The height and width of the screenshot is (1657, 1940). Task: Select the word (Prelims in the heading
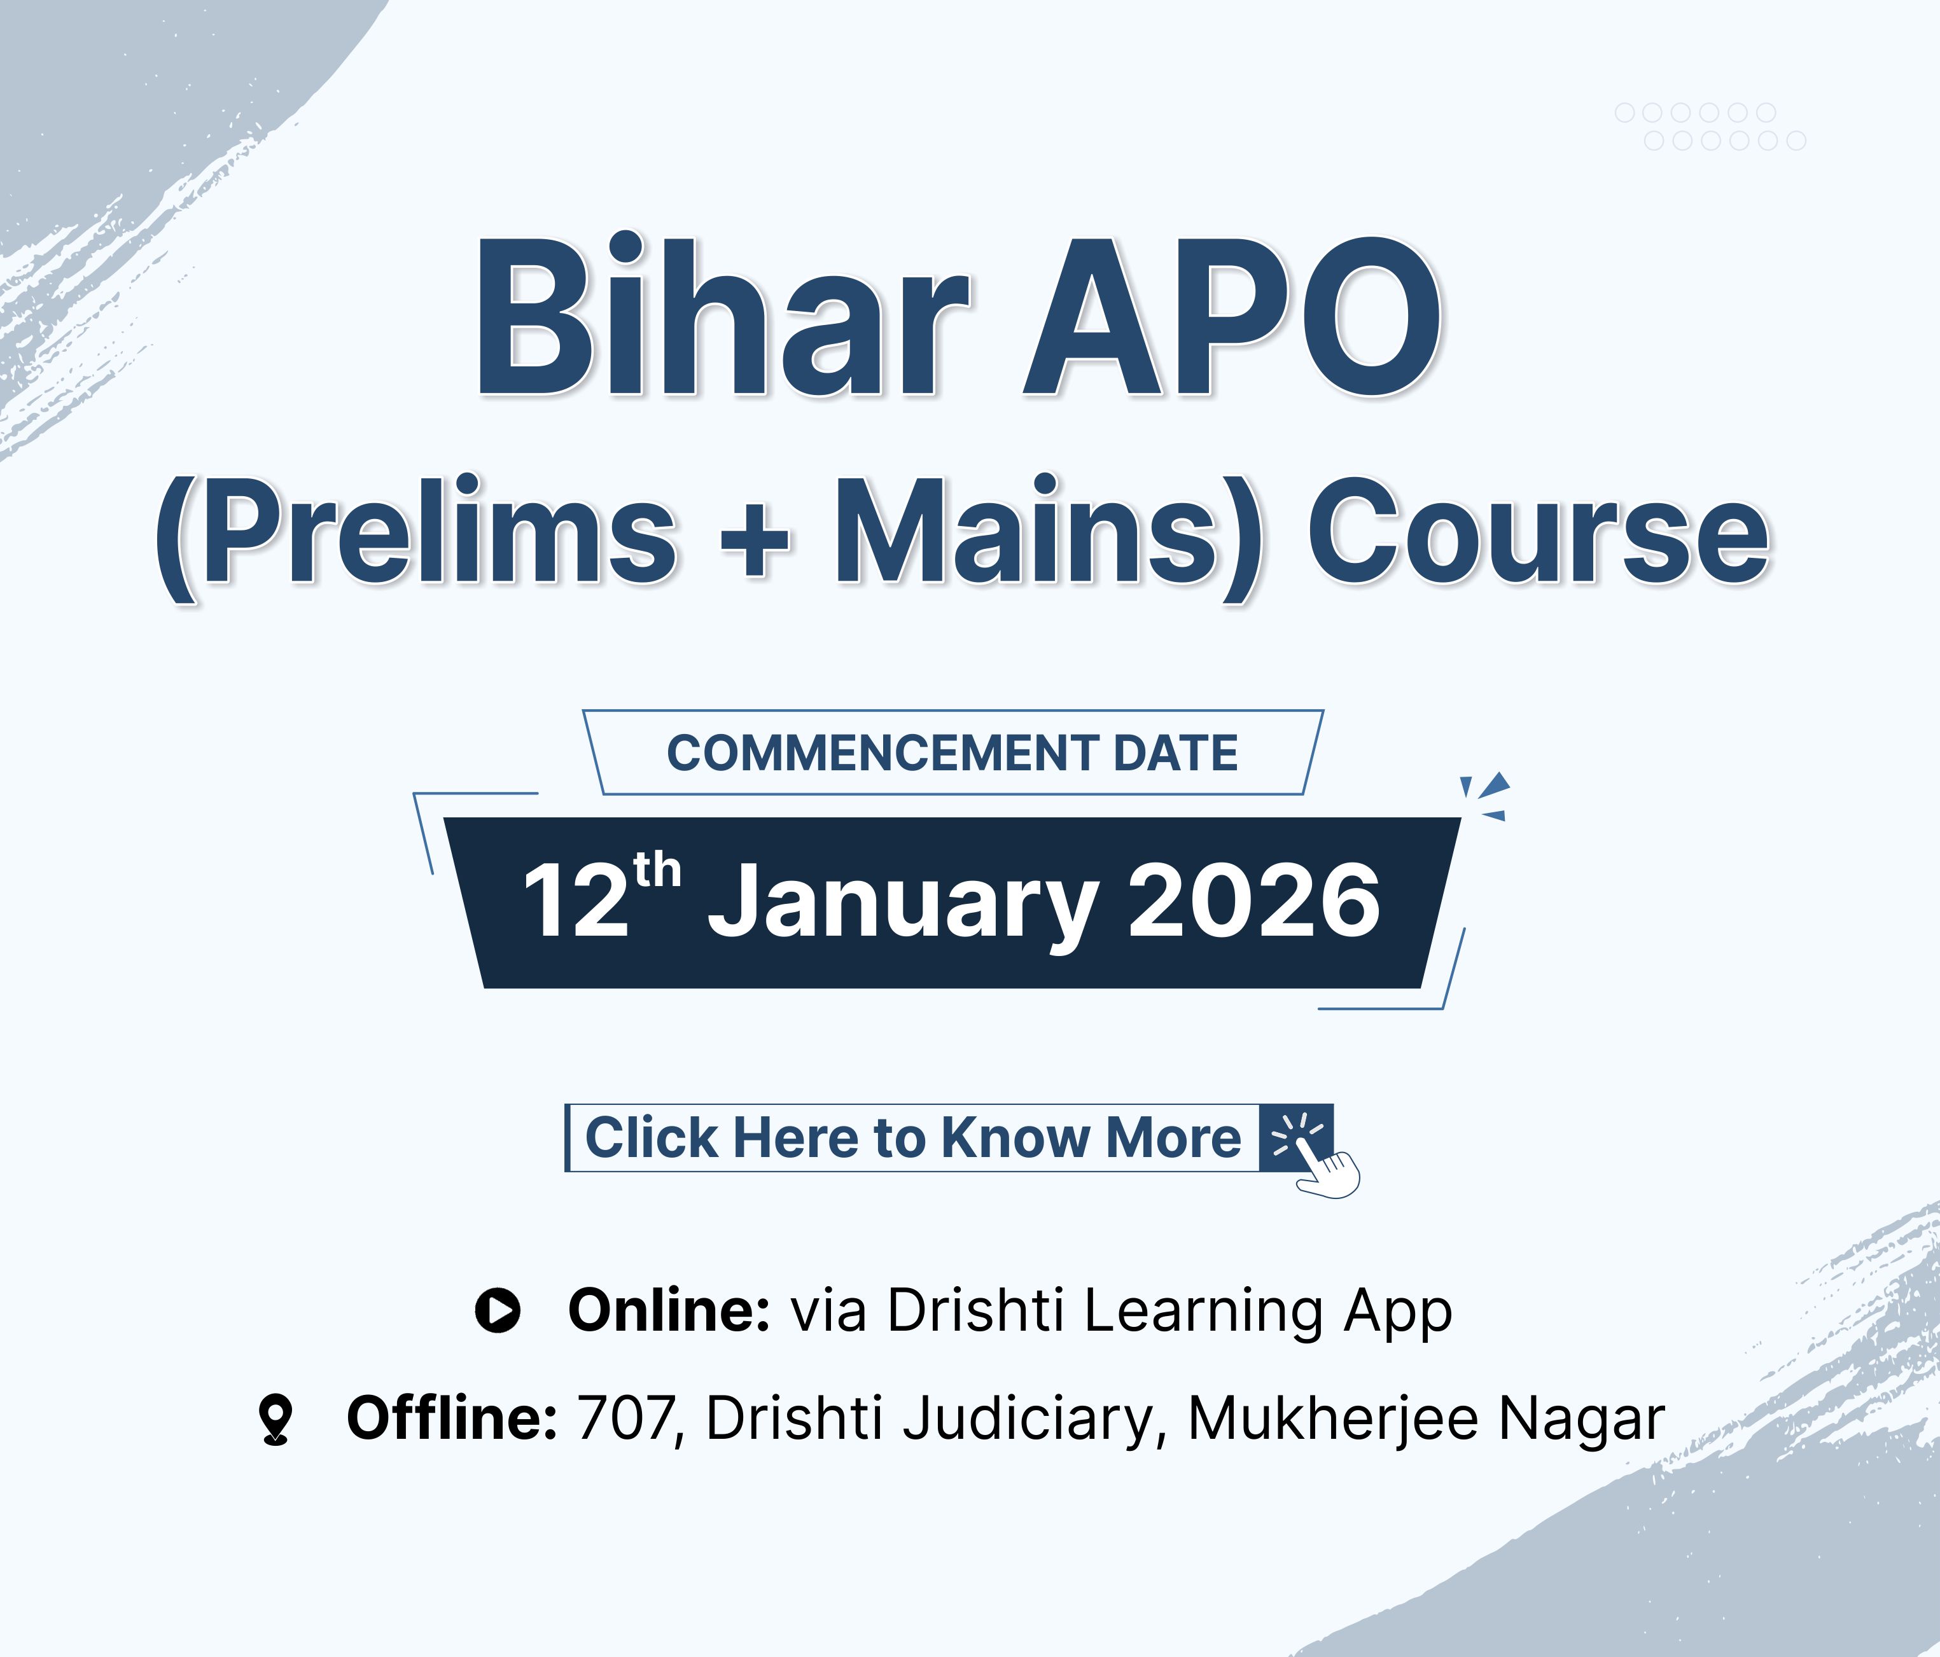[x=415, y=536]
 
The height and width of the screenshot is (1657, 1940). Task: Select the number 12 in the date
[x=575, y=901]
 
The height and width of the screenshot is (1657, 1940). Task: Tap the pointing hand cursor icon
[x=1327, y=1171]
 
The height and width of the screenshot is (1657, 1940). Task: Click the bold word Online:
[x=669, y=1310]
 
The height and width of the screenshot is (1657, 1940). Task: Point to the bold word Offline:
[x=452, y=1418]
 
